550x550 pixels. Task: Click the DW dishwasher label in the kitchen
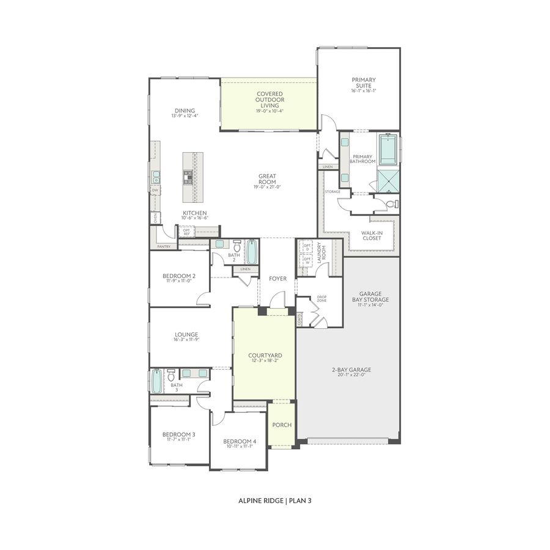point(156,190)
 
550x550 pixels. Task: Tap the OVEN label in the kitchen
point(156,217)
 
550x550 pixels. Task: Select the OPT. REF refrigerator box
point(186,232)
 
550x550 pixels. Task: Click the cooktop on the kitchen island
point(188,177)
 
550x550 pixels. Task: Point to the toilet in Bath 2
point(237,246)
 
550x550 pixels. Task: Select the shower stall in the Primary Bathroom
point(388,180)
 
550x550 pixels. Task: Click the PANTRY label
point(164,246)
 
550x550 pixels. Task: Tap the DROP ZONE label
point(321,299)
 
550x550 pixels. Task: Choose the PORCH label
point(282,425)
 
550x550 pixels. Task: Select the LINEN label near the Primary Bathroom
point(328,167)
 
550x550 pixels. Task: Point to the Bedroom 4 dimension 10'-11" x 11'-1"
point(238,447)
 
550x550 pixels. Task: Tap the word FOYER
point(277,279)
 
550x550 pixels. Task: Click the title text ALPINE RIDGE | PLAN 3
point(275,500)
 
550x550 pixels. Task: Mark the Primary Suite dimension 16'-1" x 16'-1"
point(364,90)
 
